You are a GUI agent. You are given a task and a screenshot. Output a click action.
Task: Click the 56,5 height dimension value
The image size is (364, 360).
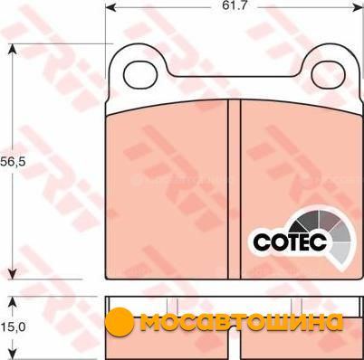(12, 162)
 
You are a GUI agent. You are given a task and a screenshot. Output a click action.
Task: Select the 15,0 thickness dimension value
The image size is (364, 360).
(12, 327)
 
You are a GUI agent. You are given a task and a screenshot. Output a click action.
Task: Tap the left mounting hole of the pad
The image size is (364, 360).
(140, 76)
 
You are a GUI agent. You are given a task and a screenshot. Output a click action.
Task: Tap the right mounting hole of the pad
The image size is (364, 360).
(329, 75)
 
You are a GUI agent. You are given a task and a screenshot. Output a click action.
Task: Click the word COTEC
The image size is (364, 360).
(290, 241)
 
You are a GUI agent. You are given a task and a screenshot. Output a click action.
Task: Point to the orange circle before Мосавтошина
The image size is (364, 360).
(120, 322)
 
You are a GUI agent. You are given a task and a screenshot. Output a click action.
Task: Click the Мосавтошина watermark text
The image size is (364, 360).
(242, 323)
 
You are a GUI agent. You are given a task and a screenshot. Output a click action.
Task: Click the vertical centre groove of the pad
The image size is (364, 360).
(235, 189)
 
